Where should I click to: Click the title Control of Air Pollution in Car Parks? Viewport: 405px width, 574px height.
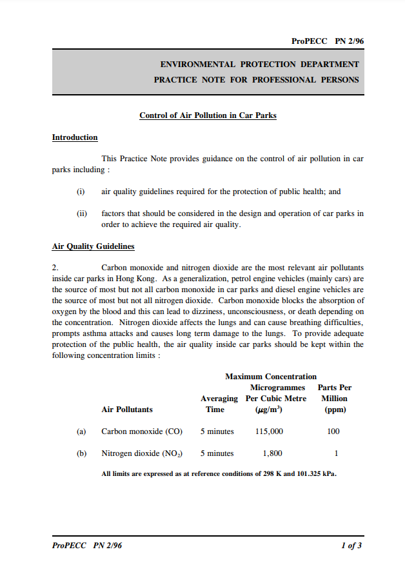pyautogui.click(x=208, y=115)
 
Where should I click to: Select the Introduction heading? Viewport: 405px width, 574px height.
pyautogui.click(x=75, y=137)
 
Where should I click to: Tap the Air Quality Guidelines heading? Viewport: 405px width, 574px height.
pyautogui.click(x=93, y=246)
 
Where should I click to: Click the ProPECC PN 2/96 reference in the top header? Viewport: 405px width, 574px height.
pyautogui.click(x=328, y=41)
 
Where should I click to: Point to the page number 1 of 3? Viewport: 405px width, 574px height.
pyautogui.click(x=351, y=546)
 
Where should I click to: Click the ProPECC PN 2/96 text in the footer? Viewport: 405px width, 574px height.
pyautogui.click(x=86, y=546)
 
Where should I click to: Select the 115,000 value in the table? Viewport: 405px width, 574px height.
pyautogui.click(x=270, y=431)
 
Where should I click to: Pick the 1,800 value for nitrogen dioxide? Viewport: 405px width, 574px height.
pyautogui.click(x=272, y=453)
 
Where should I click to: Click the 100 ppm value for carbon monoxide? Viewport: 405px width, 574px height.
pyautogui.click(x=333, y=431)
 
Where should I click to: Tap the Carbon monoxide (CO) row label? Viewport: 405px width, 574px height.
pyautogui.click(x=142, y=431)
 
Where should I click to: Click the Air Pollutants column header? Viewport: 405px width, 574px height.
pyautogui.click(x=127, y=409)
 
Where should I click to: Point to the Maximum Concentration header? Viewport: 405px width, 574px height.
pyautogui.click(x=271, y=376)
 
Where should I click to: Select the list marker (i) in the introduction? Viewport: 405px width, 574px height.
pyautogui.click(x=81, y=192)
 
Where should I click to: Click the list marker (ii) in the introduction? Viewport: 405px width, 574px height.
pyautogui.click(x=82, y=213)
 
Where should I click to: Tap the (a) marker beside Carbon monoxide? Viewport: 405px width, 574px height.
pyautogui.click(x=81, y=431)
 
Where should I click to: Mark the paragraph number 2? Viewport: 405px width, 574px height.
pyautogui.click(x=55, y=267)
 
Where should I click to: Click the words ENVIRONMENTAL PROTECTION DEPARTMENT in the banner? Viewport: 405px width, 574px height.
pyautogui.click(x=259, y=64)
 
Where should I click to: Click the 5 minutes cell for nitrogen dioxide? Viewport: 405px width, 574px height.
pyautogui.click(x=217, y=453)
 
